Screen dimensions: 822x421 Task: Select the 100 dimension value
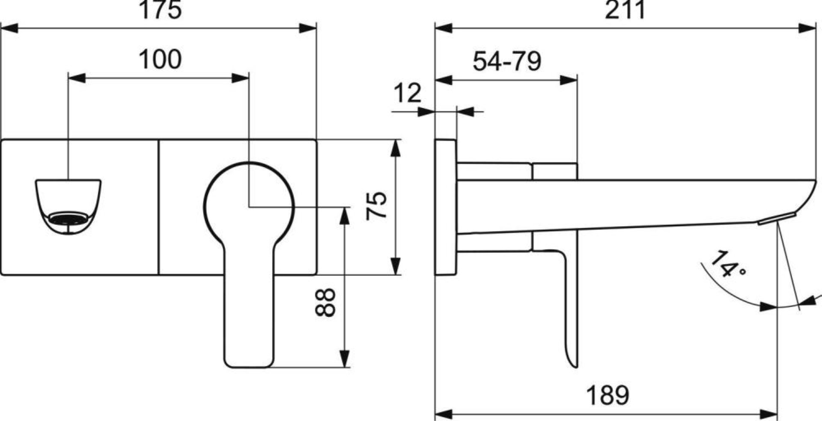[160, 59]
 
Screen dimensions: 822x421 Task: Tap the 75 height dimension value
[376, 206]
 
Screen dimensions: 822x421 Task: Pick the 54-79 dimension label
[507, 61]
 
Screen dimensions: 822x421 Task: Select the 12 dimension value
[407, 93]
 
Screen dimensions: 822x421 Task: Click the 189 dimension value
[608, 395]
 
